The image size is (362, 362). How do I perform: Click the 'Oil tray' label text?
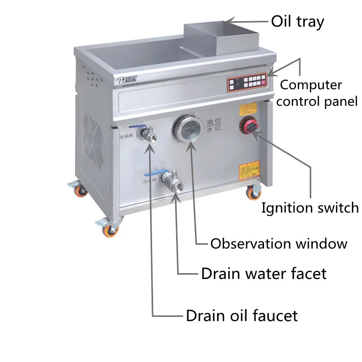297,22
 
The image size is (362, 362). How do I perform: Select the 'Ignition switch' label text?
310,208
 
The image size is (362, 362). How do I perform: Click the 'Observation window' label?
278,243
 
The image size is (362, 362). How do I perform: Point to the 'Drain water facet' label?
264,274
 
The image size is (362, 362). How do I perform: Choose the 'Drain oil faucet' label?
242,316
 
